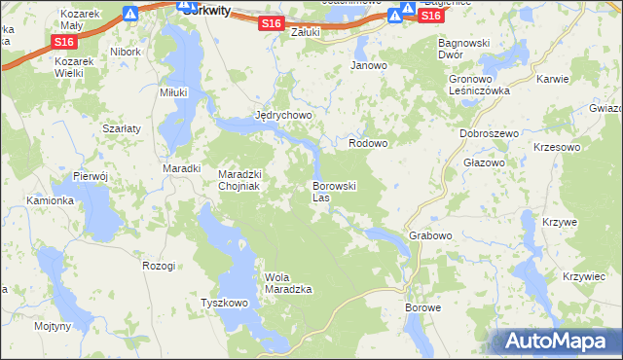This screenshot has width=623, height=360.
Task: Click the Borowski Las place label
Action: [335, 192]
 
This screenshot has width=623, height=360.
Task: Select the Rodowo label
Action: [369, 143]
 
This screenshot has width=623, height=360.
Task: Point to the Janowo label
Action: [369, 66]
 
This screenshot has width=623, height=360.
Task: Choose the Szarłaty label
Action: [122, 127]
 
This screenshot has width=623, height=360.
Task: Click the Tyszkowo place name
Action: [225, 303]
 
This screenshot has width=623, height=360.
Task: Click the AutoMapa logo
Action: [558, 341]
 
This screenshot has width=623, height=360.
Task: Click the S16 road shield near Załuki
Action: [273, 23]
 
